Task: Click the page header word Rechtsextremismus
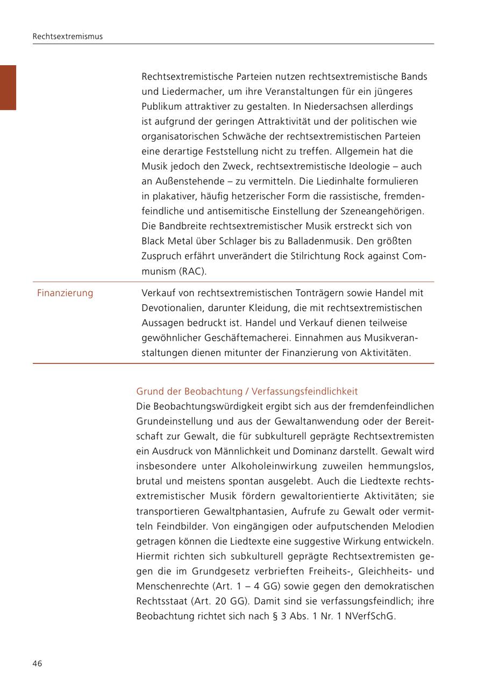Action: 67,37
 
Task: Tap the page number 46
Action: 37,663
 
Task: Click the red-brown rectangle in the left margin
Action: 8,87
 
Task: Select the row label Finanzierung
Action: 65,293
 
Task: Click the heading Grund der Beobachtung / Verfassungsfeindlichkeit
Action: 247,391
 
